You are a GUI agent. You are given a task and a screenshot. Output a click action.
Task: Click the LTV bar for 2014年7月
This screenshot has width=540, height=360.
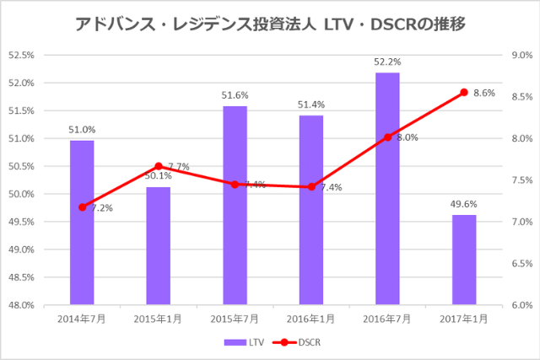point(82,223)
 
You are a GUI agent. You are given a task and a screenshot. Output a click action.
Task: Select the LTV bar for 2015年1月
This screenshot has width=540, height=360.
point(158,245)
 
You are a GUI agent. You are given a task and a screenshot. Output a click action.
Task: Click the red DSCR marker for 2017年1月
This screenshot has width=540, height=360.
point(464,92)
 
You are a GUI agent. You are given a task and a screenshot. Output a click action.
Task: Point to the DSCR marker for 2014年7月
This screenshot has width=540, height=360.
point(82,207)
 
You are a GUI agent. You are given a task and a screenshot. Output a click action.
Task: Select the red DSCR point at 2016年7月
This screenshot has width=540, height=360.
point(387,137)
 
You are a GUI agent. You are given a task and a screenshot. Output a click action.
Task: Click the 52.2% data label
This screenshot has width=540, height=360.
point(387,62)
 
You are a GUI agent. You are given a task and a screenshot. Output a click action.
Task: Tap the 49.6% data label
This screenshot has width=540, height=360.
point(464,204)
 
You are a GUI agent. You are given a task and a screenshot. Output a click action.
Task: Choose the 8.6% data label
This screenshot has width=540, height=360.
point(484,94)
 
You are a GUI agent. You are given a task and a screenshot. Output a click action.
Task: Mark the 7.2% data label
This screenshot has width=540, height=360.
point(103,207)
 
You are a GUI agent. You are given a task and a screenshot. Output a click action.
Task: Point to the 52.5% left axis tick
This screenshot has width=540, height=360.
point(20,56)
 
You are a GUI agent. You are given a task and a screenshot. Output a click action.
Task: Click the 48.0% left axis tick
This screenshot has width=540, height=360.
point(20,305)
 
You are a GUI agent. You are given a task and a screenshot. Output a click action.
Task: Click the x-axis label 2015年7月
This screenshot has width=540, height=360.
point(235,320)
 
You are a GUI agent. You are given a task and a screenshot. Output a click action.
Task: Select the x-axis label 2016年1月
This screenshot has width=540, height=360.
point(310,320)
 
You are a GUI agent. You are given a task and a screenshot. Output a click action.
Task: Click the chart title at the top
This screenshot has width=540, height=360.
point(270,26)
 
